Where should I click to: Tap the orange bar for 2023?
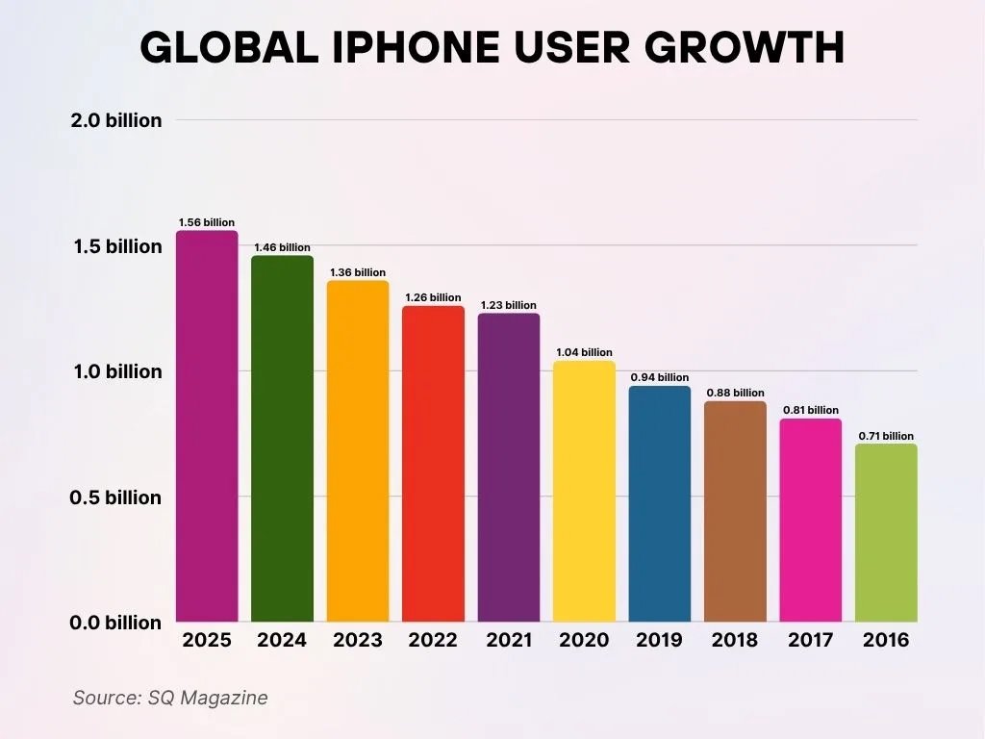(x=358, y=451)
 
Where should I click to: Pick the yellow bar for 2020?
(x=584, y=491)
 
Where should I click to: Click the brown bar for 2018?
(x=735, y=511)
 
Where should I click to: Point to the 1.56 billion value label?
(x=206, y=222)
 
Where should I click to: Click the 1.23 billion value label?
(x=508, y=305)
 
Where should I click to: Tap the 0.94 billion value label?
(x=659, y=377)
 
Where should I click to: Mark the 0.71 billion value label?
(x=886, y=436)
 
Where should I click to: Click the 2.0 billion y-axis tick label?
(x=116, y=121)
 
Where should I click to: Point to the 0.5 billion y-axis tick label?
(x=116, y=497)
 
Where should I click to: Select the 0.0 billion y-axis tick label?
(x=116, y=623)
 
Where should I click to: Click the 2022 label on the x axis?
(x=433, y=640)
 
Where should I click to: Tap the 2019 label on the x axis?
(x=659, y=640)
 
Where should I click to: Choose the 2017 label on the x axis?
(x=811, y=640)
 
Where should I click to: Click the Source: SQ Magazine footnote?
(x=170, y=698)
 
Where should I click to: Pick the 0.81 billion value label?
(x=811, y=410)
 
